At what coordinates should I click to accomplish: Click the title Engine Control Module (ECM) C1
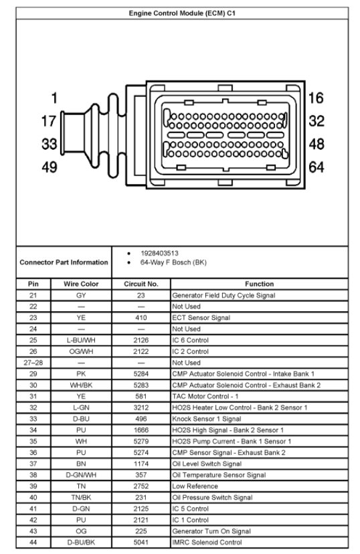click(182, 13)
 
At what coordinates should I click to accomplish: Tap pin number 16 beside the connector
click(316, 98)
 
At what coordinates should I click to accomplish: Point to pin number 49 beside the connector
click(49, 167)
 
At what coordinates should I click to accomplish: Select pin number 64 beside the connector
click(317, 167)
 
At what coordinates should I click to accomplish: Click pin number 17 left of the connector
click(49, 121)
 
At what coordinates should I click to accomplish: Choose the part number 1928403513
click(159, 254)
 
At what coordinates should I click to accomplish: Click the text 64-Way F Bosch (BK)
click(173, 262)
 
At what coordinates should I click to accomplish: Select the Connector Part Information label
click(64, 262)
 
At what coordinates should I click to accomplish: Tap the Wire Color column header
click(81, 284)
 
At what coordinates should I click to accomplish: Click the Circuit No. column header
click(141, 284)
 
